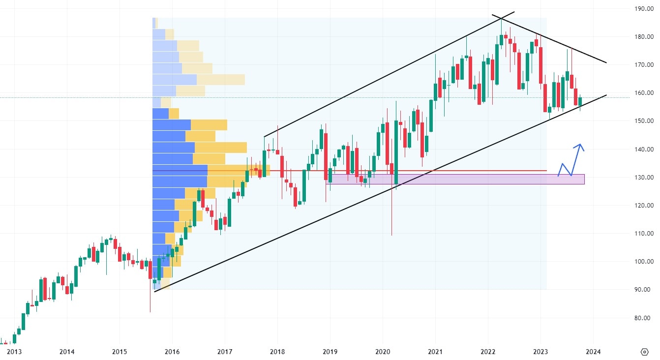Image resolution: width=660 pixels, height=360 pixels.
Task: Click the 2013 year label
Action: (x=14, y=352)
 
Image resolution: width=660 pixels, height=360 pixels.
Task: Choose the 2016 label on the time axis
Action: (x=172, y=352)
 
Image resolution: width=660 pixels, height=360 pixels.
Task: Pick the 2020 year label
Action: (x=383, y=352)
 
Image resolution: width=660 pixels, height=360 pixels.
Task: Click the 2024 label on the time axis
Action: (x=593, y=352)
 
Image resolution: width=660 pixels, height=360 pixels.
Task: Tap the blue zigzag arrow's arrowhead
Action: (x=581, y=146)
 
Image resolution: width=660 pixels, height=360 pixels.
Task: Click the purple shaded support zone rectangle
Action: (x=457, y=179)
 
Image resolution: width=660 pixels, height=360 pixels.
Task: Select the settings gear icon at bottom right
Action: (x=645, y=352)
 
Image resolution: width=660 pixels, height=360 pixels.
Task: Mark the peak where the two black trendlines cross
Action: (x=501, y=18)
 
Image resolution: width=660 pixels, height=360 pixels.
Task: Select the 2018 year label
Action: (x=277, y=352)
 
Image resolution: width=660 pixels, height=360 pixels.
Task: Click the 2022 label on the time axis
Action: (x=488, y=352)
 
